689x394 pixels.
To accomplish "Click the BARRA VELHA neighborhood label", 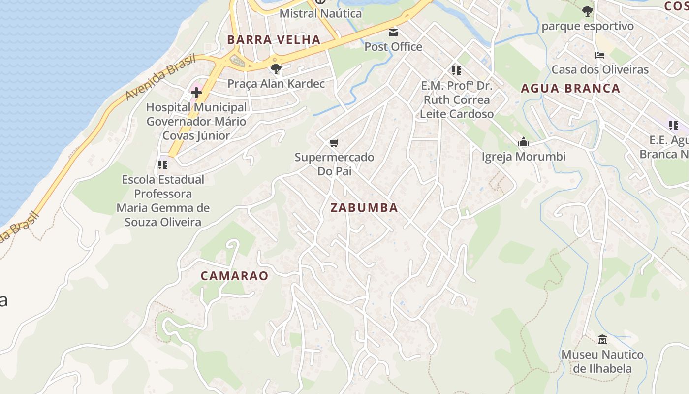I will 273,40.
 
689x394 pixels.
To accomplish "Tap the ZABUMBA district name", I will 364,208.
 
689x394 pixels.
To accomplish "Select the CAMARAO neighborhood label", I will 234,276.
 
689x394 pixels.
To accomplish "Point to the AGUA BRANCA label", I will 570,89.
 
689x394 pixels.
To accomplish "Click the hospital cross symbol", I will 196,92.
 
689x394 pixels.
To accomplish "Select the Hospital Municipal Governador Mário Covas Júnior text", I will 196,121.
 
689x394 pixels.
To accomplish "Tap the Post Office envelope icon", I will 393,33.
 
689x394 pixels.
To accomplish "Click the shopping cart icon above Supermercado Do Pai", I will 334,143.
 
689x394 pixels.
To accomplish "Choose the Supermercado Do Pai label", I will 334,164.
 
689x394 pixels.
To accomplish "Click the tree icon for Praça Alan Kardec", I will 276,69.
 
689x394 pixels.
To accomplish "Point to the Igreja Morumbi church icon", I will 523,142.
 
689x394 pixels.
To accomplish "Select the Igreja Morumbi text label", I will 523,157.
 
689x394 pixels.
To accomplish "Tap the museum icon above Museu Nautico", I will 602,339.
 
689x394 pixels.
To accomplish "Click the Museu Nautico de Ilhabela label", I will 602,361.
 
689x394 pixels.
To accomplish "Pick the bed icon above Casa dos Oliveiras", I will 599,55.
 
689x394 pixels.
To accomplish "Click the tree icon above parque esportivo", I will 587,11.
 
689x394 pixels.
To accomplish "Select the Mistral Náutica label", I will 320,13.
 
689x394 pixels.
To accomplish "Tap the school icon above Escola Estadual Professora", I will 163,165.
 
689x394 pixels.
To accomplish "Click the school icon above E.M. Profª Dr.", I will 456,71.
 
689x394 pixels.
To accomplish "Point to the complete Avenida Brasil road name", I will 160,77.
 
